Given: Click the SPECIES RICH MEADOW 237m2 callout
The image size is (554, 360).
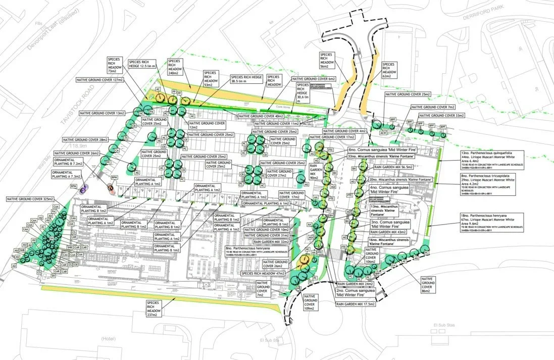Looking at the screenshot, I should (x=154, y=310).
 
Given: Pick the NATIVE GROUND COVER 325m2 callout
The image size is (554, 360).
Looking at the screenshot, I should (x=30, y=199).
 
